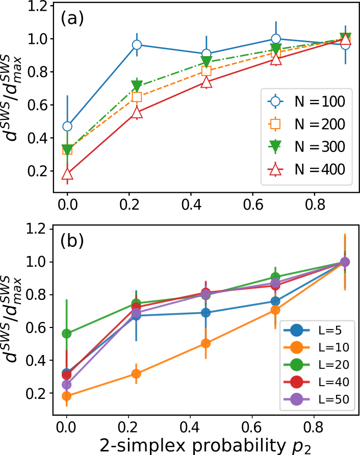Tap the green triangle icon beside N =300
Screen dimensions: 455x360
[275, 147]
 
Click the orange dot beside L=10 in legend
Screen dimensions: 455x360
[296, 347]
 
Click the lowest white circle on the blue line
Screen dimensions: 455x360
[67, 126]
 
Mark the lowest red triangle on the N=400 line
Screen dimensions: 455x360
[67, 174]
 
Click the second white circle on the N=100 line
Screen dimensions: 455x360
[137, 45]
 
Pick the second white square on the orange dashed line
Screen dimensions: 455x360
[137, 97]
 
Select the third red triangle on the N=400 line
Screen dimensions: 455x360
[206, 82]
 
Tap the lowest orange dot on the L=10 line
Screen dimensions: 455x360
[67, 396]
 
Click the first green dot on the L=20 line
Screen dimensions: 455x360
[67, 334]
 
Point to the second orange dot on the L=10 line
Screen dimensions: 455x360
[136, 373]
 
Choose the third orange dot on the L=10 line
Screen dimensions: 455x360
[205, 343]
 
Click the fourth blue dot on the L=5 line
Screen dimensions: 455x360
[275, 301]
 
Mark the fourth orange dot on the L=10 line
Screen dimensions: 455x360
[275, 310]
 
